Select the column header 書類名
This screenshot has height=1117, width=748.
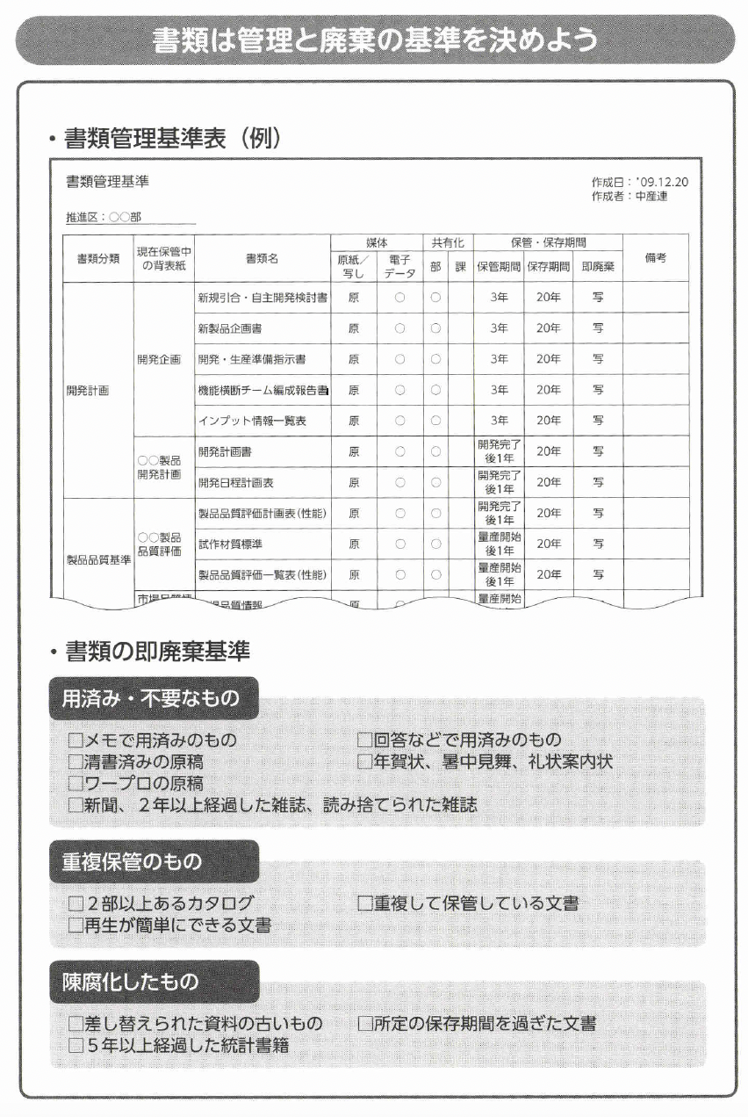tap(262, 258)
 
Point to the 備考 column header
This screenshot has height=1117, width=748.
tap(655, 258)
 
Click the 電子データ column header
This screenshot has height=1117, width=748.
tap(399, 266)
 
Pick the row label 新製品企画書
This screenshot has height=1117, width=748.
tap(230, 328)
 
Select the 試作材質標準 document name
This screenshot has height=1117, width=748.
tap(230, 544)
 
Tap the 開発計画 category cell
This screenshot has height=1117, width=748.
tap(88, 390)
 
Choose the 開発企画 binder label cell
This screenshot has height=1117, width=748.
tap(159, 359)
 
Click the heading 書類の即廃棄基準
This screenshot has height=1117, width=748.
tap(157, 651)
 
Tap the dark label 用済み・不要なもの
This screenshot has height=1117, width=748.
tap(150, 699)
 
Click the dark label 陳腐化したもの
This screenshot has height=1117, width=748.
tap(130, 982)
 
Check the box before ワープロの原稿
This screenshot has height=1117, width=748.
tap(76, 783)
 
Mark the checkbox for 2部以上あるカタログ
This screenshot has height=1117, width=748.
tap(76, 904)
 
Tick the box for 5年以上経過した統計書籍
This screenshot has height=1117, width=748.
tap(76, 1045)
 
